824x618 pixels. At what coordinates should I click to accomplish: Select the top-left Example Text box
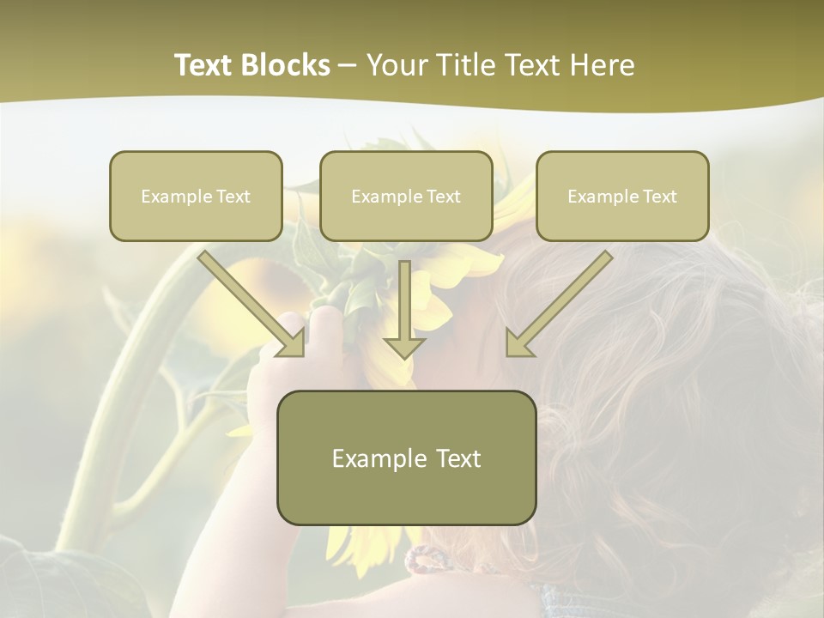point(196,197)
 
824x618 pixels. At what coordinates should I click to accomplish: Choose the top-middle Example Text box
point(406,197)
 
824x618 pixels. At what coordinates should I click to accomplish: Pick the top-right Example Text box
point(622,197)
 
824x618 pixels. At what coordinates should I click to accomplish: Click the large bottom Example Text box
point(406,457)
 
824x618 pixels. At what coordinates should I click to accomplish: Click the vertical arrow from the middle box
point(404,305)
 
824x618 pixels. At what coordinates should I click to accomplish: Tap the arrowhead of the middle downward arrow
point(404,347)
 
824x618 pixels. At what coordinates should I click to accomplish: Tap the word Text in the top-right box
point(659,197)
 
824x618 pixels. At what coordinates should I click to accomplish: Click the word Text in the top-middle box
point(443,197)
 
